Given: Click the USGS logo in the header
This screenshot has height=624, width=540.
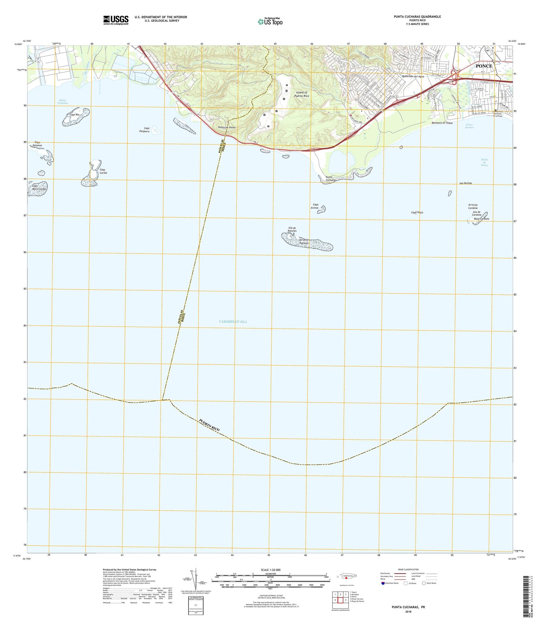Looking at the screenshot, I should (116, 20).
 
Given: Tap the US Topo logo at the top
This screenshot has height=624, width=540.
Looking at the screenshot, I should (270, 22).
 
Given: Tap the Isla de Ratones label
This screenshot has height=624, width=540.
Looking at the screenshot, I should (292, 229).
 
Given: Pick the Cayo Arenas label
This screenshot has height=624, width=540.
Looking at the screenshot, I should (316, 206).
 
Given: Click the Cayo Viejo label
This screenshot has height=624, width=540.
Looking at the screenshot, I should (417, 212).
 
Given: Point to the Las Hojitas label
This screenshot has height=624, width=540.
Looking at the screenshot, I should (466, 183).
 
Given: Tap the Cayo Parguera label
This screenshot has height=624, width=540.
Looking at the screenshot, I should (144, 130).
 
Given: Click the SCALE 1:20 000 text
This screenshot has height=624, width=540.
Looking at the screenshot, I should (271, 570).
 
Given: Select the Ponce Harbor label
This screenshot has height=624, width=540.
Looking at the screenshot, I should (469, 126).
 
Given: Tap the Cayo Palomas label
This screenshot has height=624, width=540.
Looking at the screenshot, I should (38, 144).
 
